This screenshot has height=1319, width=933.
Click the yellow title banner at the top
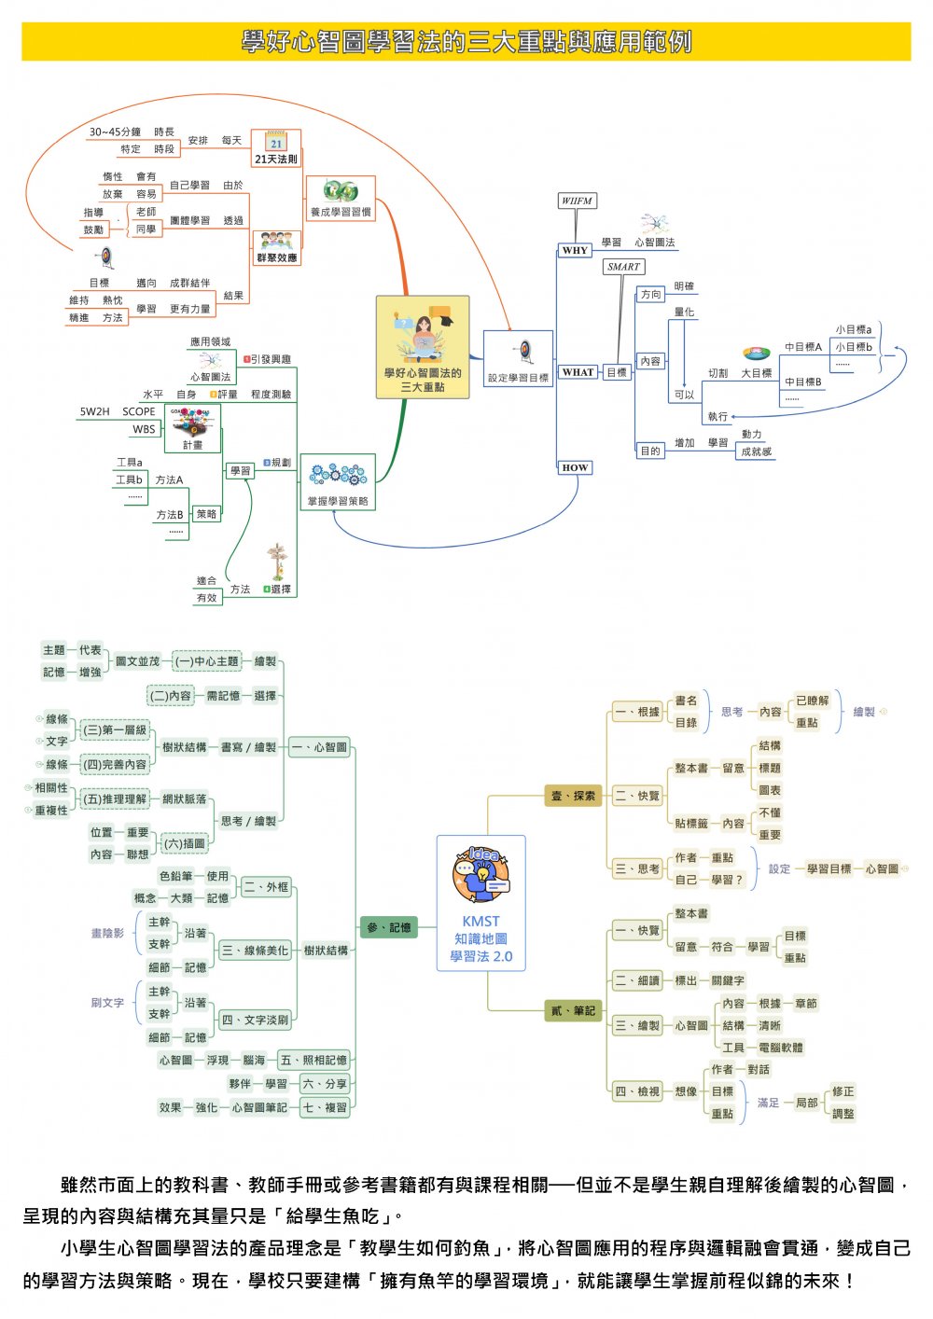pyautogui.click(x=466, y=42)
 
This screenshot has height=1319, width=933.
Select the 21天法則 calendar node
pyautogui.click(x=276, y=148)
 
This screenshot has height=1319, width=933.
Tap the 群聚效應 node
pyautogui.click(x=276, y=246)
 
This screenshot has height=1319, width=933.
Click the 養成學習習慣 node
pyautogui.click(x=341, y=199)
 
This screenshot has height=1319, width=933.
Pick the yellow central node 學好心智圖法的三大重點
pyautogui.click(x=423, y=347)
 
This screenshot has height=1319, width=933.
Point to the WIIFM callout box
pyautogui.click(x=578, y=201)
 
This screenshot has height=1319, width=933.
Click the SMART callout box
pyautogui.click(x=623, y=267)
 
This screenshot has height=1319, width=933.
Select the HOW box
pyautogui.click(x=575, y=467)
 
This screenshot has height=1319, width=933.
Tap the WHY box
pyautogui.click(x=575, y=250)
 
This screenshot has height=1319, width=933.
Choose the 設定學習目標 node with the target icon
pyautogui.click(x=518, y=358)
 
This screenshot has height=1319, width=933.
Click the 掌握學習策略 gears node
pyautogui.click(x=338, y=482)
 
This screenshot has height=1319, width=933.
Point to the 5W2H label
pyautogui.click(x=94, y=411)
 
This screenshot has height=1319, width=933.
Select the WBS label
pyautogui.click(x=144, y=429)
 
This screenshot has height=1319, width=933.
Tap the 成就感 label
pyautogui.click(x=756, y=451)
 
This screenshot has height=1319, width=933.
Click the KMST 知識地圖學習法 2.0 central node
pyautogui.click(x=480, y=903)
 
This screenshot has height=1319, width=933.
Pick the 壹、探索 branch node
pyautogui.click(x=573, y=796)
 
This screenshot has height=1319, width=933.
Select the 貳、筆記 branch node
pyautogui.click(x=573, y=1010)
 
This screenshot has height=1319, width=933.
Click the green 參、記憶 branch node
pyautogui.click(x=388, y=927)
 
